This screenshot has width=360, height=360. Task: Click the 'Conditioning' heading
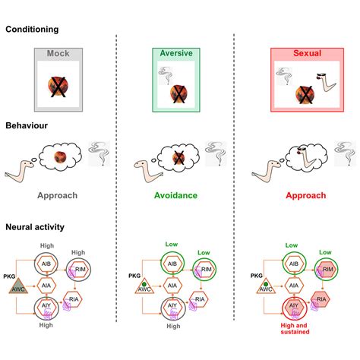[32, 30]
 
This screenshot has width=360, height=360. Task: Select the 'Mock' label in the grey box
[58, 53]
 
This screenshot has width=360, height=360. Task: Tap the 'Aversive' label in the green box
[176, 53]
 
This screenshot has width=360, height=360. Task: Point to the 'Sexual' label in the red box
[307, 53]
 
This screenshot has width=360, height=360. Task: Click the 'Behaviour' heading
[27, 125]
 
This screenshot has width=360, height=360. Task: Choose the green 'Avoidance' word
[175, 195]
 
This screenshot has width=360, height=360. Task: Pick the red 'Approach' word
[306, 195]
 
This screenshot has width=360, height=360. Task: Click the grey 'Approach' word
[58, 195]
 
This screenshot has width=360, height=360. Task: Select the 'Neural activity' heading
[35, 227]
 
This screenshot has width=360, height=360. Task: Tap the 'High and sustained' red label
[295, 329]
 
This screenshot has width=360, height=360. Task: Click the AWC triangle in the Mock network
[18, 286]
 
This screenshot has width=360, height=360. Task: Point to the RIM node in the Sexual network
[328, 269]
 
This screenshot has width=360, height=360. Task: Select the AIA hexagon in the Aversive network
[172, 286]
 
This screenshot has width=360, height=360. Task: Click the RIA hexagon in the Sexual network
[321, 299]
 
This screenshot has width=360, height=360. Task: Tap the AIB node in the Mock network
[46, 264]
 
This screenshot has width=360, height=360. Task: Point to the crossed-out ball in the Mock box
[58, 87]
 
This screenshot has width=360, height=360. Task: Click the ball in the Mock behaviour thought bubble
[60, 157]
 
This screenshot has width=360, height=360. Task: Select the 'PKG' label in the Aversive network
[134, 276]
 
